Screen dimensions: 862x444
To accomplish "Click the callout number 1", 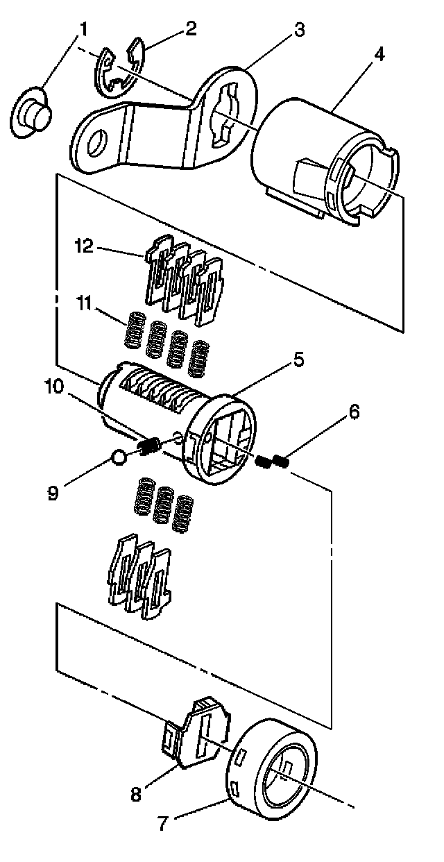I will coord(83,29).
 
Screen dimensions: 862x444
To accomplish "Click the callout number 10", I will coord(57,385).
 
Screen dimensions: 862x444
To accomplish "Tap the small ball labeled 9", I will coord(118,457).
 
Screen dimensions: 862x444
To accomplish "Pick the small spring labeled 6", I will coord(272,460).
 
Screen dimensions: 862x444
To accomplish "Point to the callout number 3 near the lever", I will coord(298,29).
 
